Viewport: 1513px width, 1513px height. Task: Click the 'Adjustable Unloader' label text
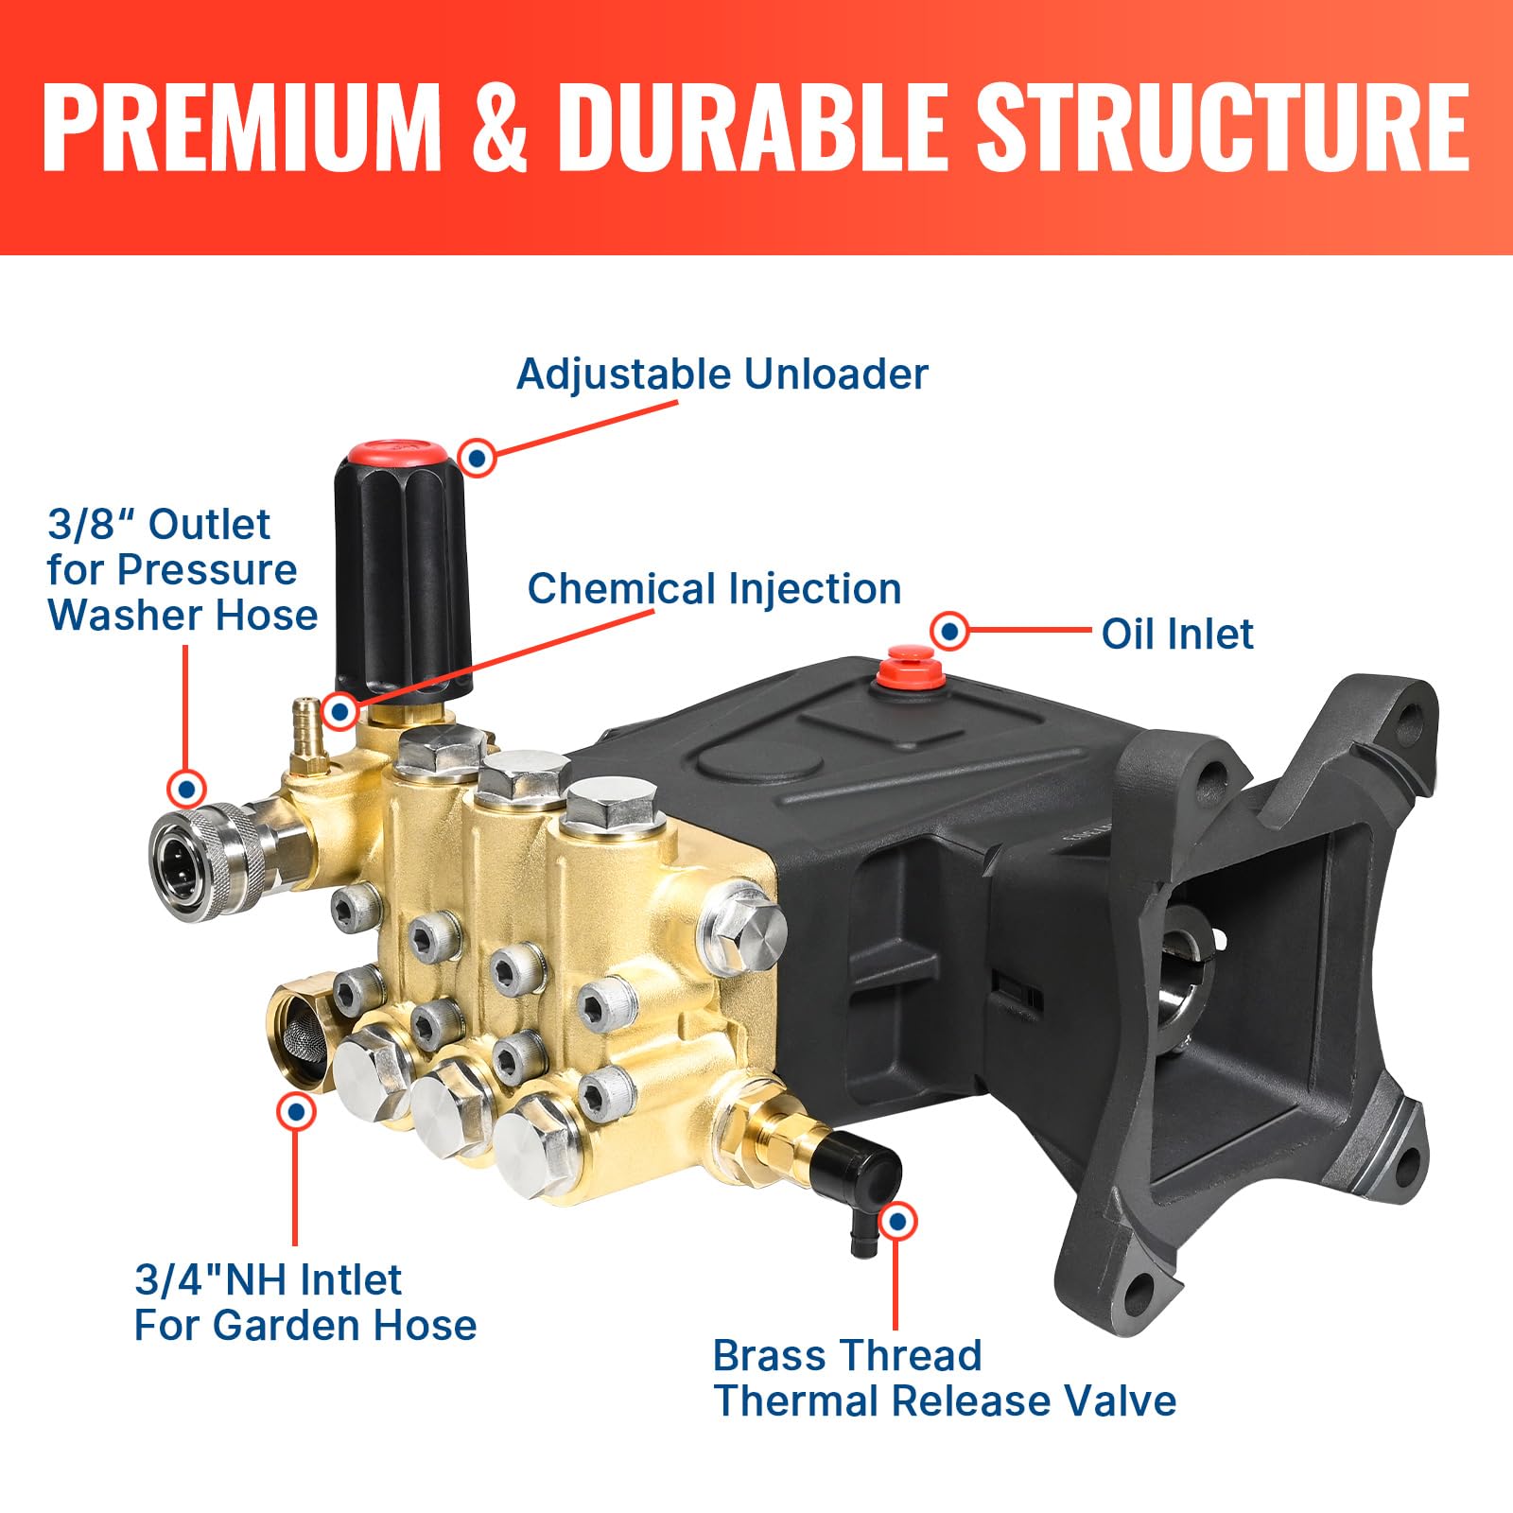click(x=722, y=374)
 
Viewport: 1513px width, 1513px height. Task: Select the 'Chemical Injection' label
click(x=714, y=589)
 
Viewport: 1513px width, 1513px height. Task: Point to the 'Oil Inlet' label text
click(x=1177, y=634)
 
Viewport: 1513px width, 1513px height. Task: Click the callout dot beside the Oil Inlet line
click(x=949, y=630)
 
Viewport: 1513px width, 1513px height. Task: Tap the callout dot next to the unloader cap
click(x=478, y=458)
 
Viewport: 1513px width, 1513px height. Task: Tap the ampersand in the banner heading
click(x=501, y=128)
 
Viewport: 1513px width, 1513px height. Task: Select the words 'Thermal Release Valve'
click(x=946, y=1401)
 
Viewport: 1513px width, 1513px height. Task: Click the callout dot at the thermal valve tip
click(x=897, y=1222)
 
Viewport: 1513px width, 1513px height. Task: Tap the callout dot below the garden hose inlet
click(x=296, y=1112)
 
